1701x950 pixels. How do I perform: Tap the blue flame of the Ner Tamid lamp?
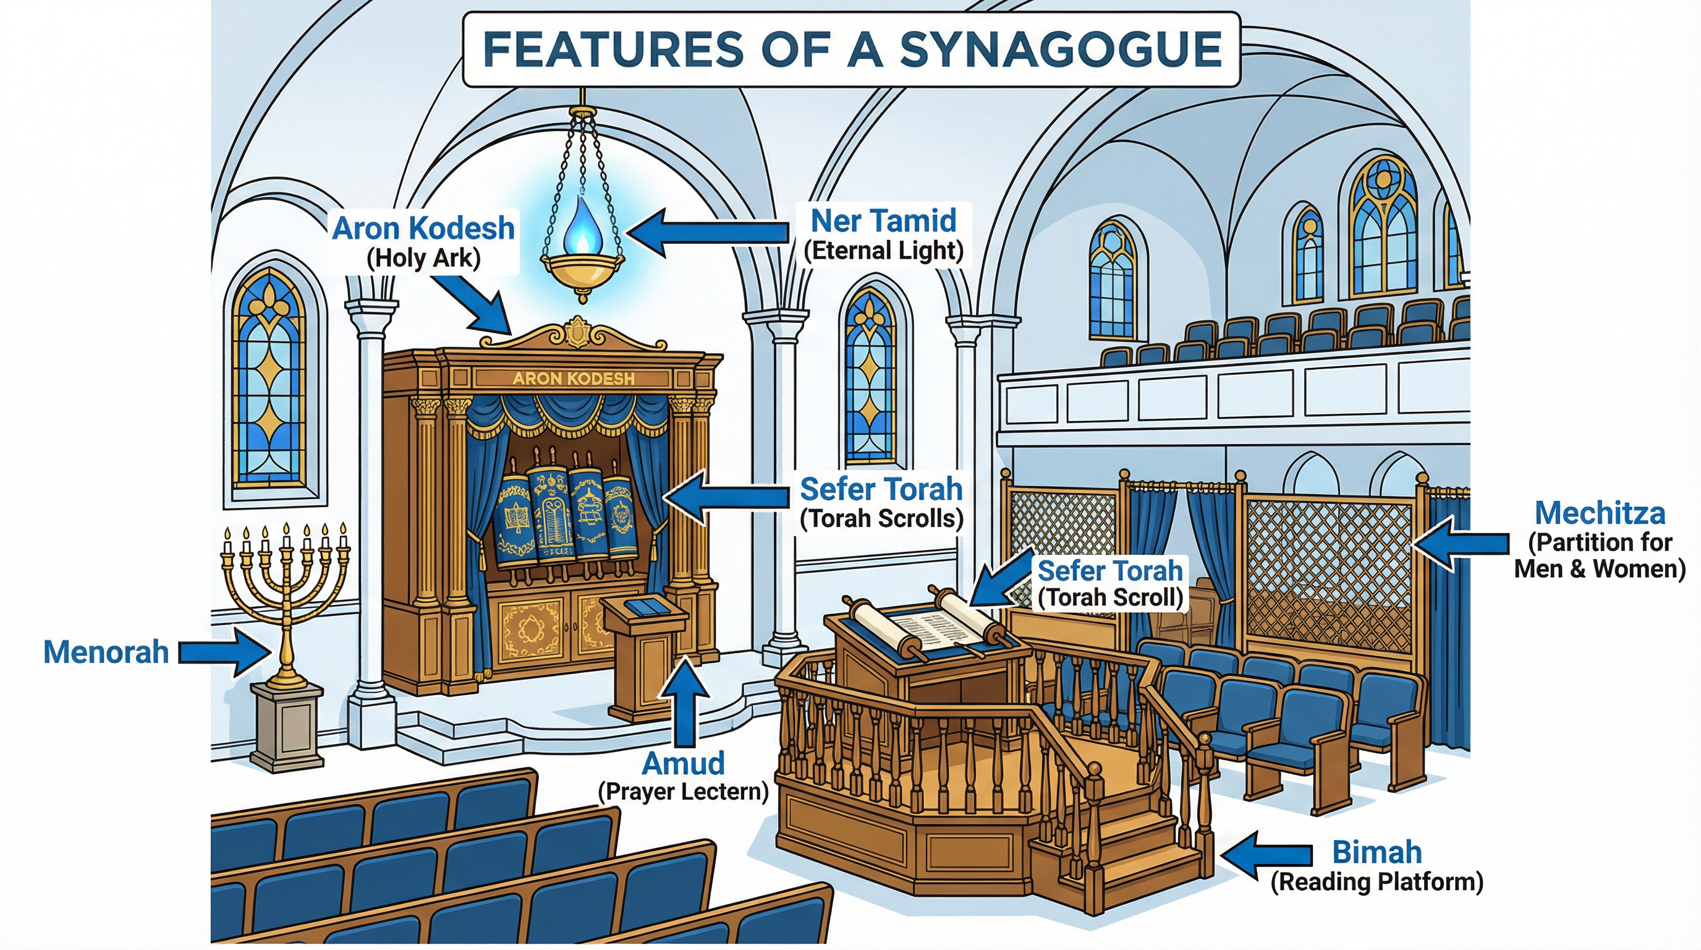(582, 228)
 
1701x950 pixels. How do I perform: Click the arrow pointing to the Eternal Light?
(706, 233)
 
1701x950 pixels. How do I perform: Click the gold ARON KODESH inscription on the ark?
(573, 379)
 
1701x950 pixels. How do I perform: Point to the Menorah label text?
(106, 653)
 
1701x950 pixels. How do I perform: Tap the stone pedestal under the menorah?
(288, 727)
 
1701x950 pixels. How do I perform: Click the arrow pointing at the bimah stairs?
(1265, 855)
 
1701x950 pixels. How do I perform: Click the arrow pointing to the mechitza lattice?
(1459, 544)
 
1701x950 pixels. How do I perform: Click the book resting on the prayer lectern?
(645, 607)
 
